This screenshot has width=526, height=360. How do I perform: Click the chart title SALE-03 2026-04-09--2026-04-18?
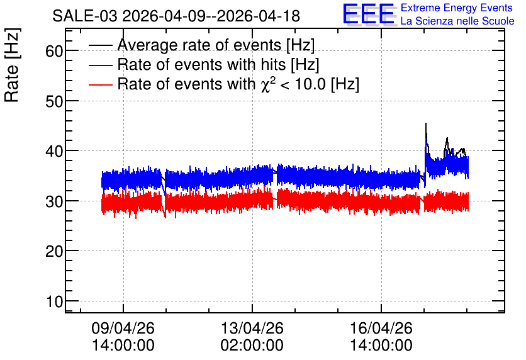(x=176, y=16)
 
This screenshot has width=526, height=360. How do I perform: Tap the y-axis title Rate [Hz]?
(x=12, y=65)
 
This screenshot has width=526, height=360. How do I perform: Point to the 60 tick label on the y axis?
(x=54, y=52)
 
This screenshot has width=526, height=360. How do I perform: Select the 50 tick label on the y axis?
(x=54, y=101)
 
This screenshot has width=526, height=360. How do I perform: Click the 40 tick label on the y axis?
(x=54, y=151)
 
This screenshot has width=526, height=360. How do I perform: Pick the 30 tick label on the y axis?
(x=54, y=201)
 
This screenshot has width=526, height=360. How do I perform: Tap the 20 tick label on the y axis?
(x=54, y=251)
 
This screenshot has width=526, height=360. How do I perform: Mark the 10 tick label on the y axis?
(x=55, y=301)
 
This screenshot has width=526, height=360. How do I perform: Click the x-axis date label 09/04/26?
(x=123, y=328)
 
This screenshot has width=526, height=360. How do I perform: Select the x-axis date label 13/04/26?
(x=252, y=328)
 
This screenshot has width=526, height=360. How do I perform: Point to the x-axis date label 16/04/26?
(x=381, y=328)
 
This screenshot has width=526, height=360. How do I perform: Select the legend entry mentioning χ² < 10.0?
(x=238, y=84)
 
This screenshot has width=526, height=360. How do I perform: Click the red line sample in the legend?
(x=100, y=84)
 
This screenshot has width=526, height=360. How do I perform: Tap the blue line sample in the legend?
(x=100, y=65)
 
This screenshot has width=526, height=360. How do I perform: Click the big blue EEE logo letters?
(x=369, y=14)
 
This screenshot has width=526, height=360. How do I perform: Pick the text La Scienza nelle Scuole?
(x=457, y=21)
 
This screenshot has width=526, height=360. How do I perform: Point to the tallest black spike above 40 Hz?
(x=426, y=123)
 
